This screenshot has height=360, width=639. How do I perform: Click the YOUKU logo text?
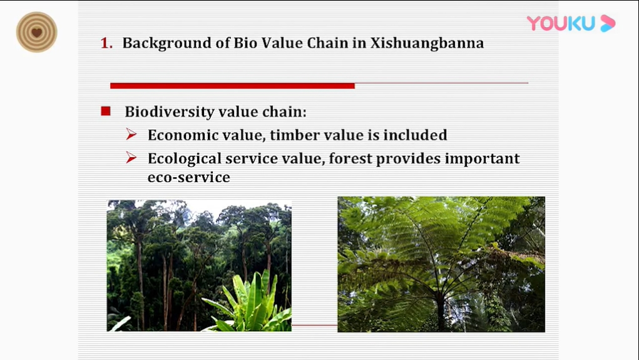coord(561,23)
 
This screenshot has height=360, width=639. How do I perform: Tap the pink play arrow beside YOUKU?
coord(608,23)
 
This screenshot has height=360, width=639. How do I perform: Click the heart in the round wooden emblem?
coord(37,32)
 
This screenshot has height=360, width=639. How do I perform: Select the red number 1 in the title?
coord(106,43)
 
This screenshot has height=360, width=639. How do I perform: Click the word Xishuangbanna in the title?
coord(427,43)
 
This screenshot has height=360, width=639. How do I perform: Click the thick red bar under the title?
coord(232,86)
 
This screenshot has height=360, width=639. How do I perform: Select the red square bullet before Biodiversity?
coord(106,111)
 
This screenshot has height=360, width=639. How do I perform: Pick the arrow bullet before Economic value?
coord(131,134)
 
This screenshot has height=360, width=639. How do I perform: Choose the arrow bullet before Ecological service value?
coord(131,157)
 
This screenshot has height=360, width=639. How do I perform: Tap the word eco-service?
coord(188,177)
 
